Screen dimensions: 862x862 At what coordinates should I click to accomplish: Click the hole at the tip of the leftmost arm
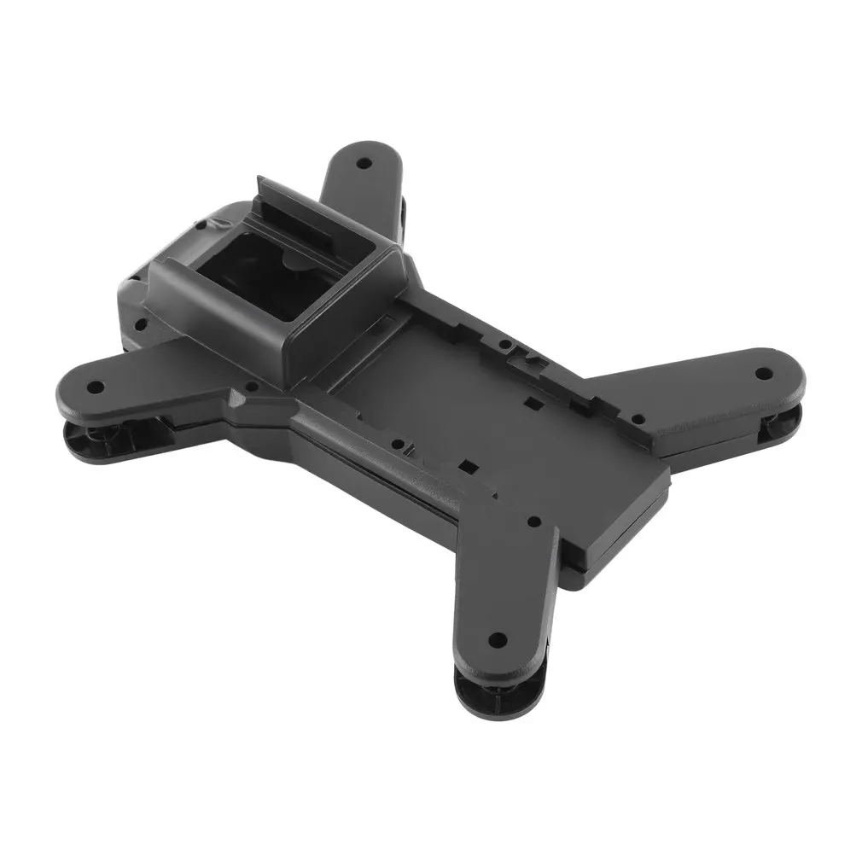tap(96, 387)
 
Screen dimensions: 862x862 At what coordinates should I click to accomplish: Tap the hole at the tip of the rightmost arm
tap(764, 373)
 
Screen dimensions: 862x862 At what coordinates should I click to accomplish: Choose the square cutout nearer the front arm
tap(466, 466)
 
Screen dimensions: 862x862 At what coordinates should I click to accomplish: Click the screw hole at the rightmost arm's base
tap(636, 418)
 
